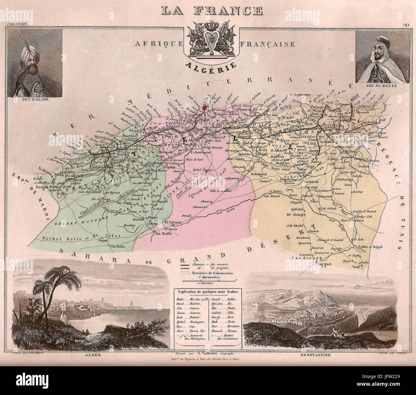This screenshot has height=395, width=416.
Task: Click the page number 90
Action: (x=406, y=24)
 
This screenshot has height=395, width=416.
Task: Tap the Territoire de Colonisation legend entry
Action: (x=212, y=274)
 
